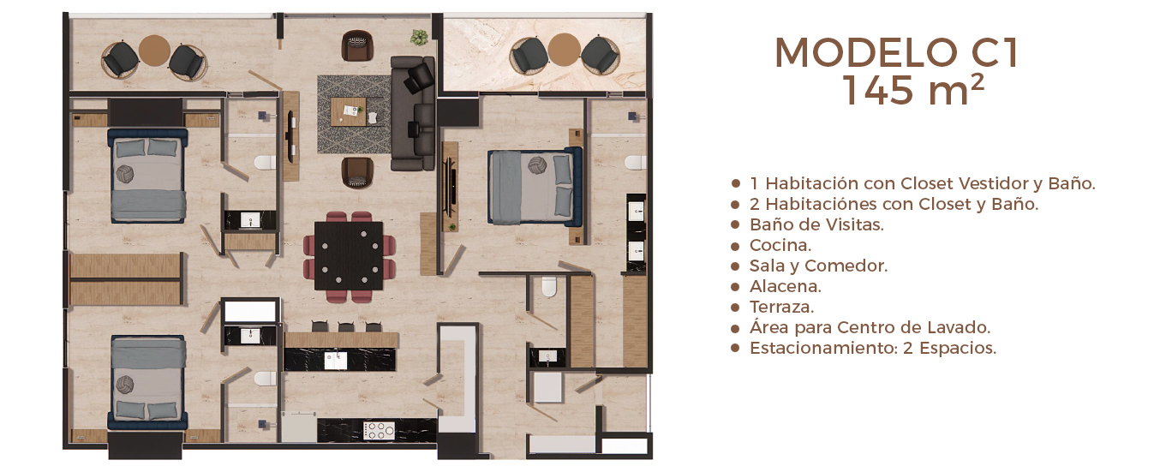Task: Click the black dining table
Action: tap(349, 255)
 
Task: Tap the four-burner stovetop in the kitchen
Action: tap(380, 430)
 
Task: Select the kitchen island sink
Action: tap(335, 360)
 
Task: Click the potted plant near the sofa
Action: tap(419, 37)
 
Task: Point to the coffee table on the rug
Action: tap(349, 112)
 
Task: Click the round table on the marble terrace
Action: tap(564, 50)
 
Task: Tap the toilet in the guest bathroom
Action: tap(549, 286)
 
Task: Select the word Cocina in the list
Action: tap(780, 245)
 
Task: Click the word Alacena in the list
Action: tap(785, 286)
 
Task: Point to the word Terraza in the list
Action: tap(781, 308)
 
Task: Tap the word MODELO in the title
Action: tap(865, 52)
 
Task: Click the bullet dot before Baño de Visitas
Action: tap(735, 225)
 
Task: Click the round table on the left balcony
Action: tap(154, 50)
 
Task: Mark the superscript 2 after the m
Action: tap(978, 82)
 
